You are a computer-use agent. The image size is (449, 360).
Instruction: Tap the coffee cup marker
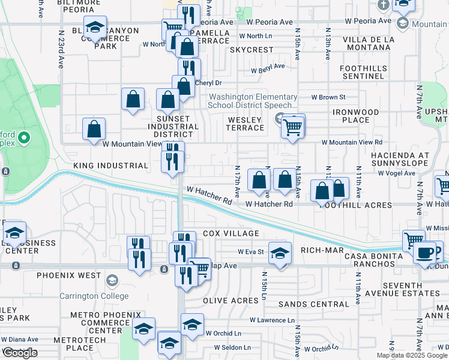(425, 253)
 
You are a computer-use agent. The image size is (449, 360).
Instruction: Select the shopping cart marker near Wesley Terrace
(293, 127)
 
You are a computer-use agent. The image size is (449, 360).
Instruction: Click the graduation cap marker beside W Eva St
(279, 253)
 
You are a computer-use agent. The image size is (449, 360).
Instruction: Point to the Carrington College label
(94, 296)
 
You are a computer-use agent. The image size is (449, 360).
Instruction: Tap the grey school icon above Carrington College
(112, 281)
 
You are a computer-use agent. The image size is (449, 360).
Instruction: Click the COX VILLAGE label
(231, 233)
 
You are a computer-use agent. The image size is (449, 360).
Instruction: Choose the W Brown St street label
(328, 97)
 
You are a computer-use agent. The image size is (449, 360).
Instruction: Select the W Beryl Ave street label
(268, 68)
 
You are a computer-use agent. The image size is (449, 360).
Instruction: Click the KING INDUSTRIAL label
(110, 165)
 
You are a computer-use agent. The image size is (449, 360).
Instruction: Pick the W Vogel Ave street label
(396, 173)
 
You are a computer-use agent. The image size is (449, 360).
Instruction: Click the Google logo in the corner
(20, 353)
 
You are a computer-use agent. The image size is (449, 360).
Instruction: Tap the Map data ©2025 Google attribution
(412, 355)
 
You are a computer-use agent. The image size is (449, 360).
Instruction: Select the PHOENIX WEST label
(68, 275)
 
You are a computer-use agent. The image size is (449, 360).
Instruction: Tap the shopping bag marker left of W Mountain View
(94, 130)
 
